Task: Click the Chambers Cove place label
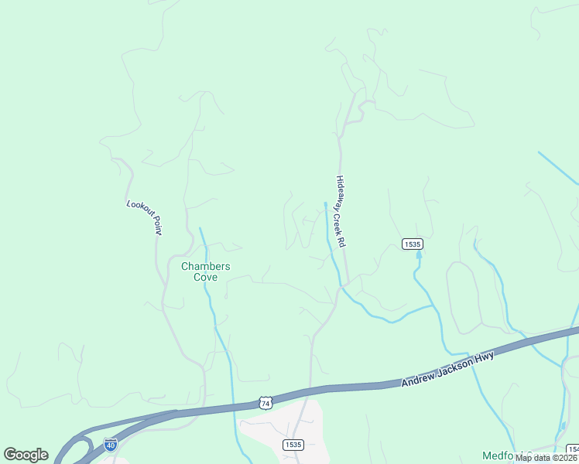[205, 271]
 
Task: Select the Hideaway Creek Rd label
[340, 211]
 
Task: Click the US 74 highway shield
[266, 403]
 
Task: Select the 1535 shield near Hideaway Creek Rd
[412, 244]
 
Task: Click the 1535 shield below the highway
[293, 445]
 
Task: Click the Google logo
[26, 455]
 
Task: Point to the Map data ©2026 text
[546, 458]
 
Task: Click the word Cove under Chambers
[205, 277]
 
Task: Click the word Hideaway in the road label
[338, 192]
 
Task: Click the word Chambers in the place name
[205, 266]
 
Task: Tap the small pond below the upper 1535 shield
[419, 255]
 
